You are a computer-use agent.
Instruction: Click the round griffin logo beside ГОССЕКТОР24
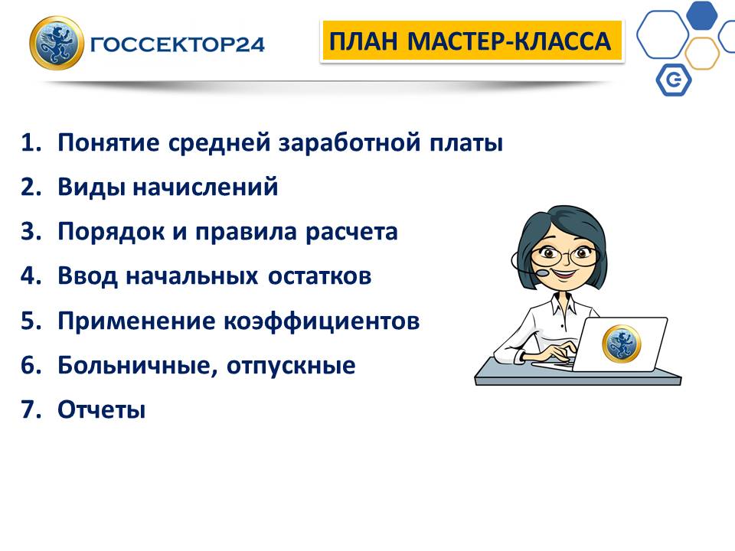(57, 43)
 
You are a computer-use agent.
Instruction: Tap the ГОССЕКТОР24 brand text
(177, 44)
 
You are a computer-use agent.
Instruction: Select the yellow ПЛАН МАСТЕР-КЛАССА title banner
(471, 41)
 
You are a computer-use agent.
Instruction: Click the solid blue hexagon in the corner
(702, 15)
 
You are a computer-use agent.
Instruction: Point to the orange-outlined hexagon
(702, 54)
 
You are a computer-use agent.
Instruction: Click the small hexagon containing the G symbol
(674, 80)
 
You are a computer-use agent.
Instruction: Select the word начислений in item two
(205, 187)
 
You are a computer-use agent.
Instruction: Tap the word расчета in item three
(351, 232)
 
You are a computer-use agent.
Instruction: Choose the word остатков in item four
(320, 275)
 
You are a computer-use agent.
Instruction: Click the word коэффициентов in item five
(321, 321)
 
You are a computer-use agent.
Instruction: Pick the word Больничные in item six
(138, 366)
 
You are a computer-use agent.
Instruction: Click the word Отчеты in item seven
(101, 409)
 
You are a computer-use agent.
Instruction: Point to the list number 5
(31, 321)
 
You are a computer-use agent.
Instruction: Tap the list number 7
(31, 409)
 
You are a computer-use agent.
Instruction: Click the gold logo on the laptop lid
(621, 344)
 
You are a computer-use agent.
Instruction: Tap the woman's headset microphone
(542, 272)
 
